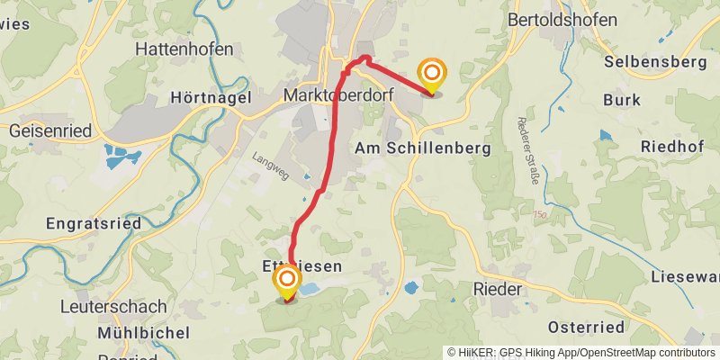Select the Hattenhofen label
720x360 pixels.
coord(184,49)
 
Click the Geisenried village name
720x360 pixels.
coord(49,130)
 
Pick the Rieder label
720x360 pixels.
coord(498,290)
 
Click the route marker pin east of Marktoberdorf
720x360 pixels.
coord(432,74)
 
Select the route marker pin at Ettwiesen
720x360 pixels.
coord(287,281)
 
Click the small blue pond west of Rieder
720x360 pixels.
coord(411,288)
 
